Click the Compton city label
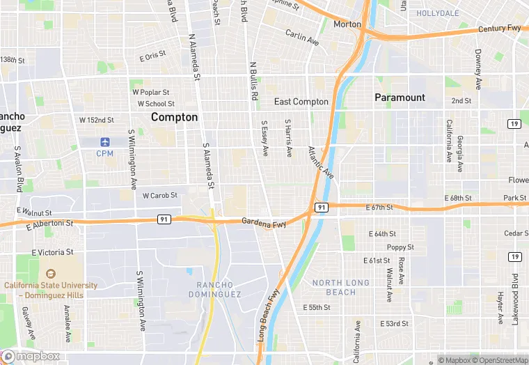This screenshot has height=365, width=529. [x=175, y=117]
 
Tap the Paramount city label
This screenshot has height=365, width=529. [x=400, y=98]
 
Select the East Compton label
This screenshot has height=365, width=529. [x=301, y=102]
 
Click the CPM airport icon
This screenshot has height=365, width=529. [x=105, y=142]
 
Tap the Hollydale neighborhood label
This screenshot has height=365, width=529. [x=438, y=13]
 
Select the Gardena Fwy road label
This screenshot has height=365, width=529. [x=264, y=224]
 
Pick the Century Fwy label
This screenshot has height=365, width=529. [x=500, y=29]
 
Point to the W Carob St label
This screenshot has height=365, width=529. [x=160, y=196]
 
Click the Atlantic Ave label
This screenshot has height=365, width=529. [x=321, y=162]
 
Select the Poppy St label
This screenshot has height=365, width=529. [x=400, y=247]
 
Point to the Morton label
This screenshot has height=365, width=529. [x=347, y=24]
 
